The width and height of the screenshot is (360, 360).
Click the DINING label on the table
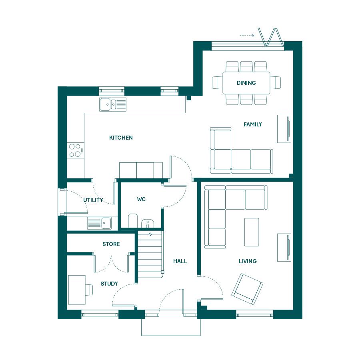click(x=246, y=83)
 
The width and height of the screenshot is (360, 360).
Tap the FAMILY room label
click(x=252, y=124)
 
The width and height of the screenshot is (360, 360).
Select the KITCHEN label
click(x=121, y=138)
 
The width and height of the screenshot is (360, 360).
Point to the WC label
click(x=141, y=199)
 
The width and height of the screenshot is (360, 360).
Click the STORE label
click(x=111, y=244)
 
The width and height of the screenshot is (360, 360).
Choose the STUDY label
click(x=109, y=284)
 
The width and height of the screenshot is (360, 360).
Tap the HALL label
click(x=180, y=261)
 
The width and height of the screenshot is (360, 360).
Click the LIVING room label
click(x=248, y=261)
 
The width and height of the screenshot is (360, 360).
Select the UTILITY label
click(x=93, y=200)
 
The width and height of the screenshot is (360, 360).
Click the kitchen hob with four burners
click(x=75, y=150)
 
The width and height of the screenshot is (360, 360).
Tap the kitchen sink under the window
click(x=113, y=104)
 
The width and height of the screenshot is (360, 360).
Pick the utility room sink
click(x=100, y=223)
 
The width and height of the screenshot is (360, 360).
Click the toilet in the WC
click(x=132, y=220)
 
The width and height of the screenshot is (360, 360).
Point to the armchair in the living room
click(x=247, y=289)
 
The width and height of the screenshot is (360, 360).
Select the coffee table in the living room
click(x=252, y=232)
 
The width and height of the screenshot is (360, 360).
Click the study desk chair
click(x=89, y=290)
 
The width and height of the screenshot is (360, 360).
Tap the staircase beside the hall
click(x=150, y=254)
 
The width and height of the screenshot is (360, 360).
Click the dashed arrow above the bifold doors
click(x=247, y=36)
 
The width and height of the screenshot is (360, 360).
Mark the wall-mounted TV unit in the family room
click(x=284, y=129)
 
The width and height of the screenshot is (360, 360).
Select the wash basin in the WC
click(x=147, y=224)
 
